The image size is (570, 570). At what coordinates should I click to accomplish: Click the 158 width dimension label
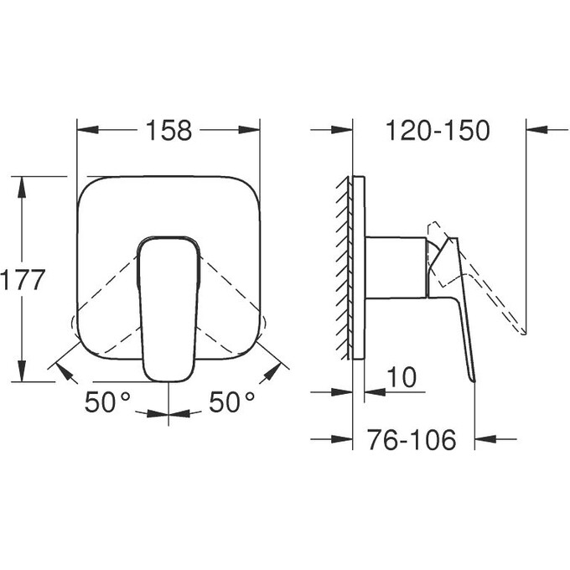tap(168, 131)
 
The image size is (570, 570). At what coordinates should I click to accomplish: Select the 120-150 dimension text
tap(438, 131)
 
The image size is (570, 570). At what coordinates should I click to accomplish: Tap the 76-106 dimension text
tap(412, 439)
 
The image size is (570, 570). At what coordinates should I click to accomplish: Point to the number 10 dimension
tap(402, 378)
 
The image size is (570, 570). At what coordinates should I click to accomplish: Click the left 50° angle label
tap(108, 403)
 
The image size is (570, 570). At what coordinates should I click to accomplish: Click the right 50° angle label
tap(231, 403)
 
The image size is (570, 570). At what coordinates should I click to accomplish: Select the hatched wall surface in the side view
tap(346, 267)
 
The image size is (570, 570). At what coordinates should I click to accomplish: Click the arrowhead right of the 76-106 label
tap(484, 439)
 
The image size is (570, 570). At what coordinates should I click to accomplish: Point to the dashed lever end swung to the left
tap(76, 324)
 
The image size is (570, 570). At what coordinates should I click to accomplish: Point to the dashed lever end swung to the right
tap(262, 324)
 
